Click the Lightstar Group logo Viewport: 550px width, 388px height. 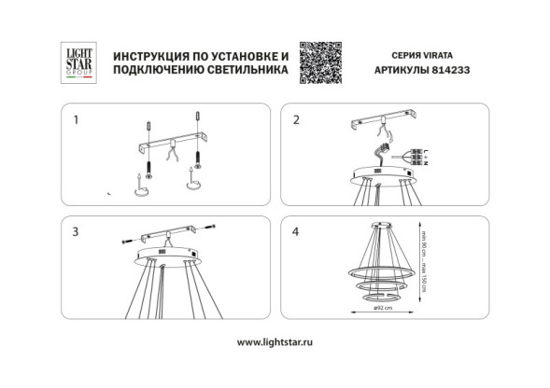[74, 62]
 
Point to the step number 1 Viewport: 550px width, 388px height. [77, 120]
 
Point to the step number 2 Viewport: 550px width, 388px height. [296, 120]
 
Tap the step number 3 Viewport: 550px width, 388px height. [77, 229]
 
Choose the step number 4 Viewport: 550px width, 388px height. [296, 229]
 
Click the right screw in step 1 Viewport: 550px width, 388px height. [199, 163]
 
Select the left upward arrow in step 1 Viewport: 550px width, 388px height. [139, 176]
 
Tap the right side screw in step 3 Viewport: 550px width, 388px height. [212, 228]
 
